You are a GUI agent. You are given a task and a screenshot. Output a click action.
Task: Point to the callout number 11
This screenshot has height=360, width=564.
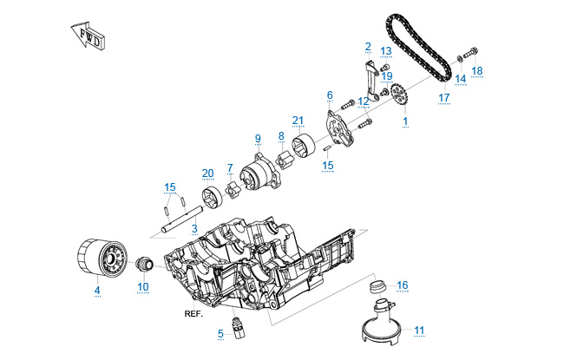pos(419,330)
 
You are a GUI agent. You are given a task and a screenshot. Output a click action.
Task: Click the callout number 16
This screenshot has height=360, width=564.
pos(402,285)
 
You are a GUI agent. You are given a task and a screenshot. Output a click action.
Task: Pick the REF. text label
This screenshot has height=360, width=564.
pos(193,314)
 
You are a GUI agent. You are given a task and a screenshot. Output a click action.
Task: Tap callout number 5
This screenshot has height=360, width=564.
pos(221,333)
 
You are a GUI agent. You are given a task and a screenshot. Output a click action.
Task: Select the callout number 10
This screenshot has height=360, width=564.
pos(143,286)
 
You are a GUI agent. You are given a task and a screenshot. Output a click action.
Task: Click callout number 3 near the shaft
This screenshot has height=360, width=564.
pos(194,228)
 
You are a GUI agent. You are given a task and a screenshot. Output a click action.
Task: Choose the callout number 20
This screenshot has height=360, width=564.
pos(207,172)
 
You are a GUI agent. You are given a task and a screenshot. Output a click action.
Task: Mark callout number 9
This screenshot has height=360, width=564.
pos(258,138)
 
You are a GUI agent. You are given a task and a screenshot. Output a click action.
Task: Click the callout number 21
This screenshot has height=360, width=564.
pos(298,120)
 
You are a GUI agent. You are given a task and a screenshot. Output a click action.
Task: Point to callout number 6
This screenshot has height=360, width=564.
pos(330,95)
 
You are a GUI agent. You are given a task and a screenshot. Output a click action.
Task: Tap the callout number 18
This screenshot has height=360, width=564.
pos(477,70)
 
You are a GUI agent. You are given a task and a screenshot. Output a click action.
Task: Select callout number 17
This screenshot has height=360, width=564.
pos(444,97)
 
